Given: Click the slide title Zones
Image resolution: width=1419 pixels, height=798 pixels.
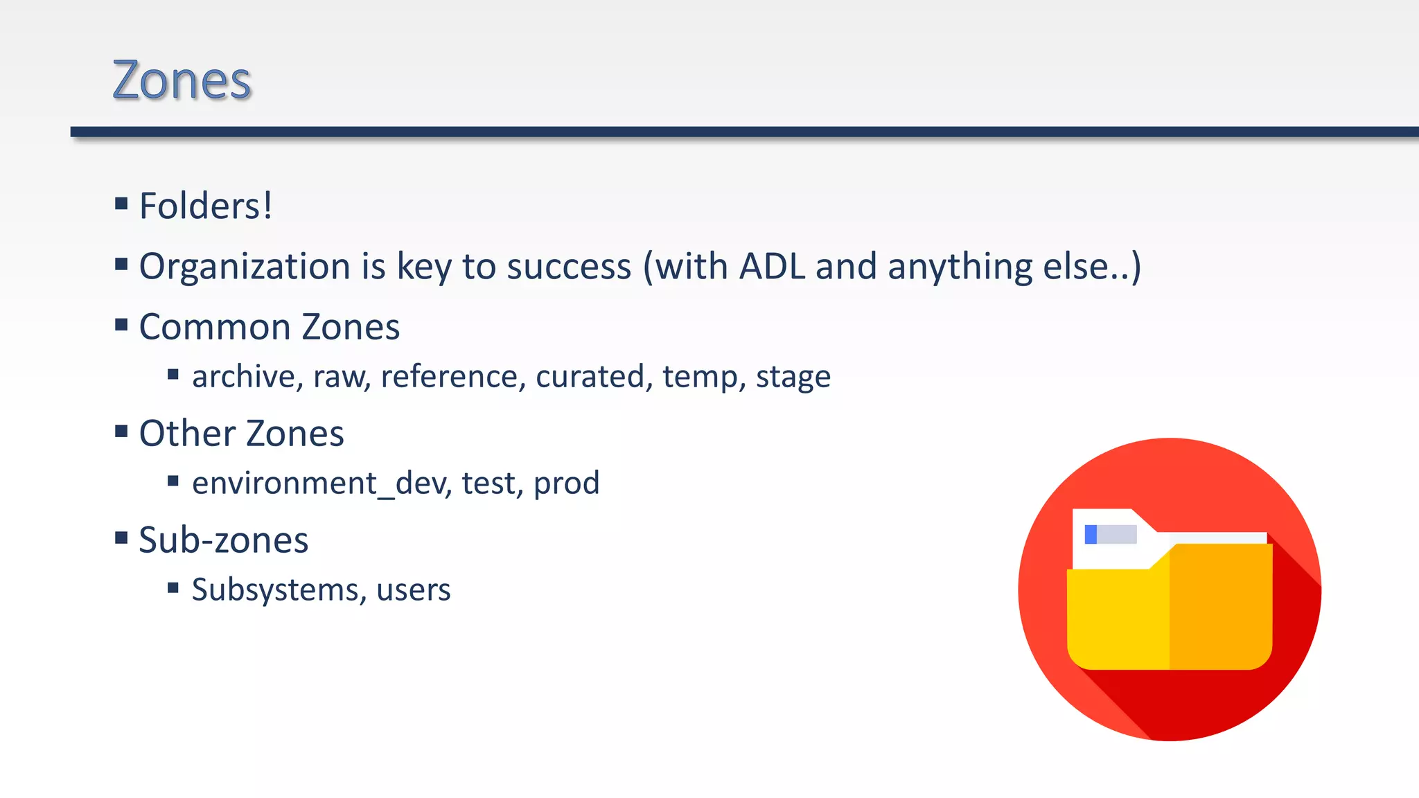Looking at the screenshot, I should [x=182, y=81].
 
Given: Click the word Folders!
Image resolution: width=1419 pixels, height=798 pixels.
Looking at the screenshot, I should [x=206, y=206].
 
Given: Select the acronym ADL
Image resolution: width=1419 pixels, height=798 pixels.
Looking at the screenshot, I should [x=772, y=267].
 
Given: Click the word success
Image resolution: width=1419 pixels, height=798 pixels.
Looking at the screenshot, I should [x=569, y=267].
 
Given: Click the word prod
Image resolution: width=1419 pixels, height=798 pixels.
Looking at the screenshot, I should [x=566, y=484].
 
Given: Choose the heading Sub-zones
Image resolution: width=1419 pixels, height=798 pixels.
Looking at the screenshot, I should [x=223, y=540].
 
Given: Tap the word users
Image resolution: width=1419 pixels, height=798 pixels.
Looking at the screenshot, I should [x=413, y=590].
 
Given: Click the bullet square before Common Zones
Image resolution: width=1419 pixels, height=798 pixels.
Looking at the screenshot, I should [x=122, y=325].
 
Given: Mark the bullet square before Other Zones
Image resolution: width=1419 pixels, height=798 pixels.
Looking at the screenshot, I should [x=122, y=432].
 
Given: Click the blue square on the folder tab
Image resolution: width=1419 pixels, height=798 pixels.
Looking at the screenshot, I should [x=1091, y=534].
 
